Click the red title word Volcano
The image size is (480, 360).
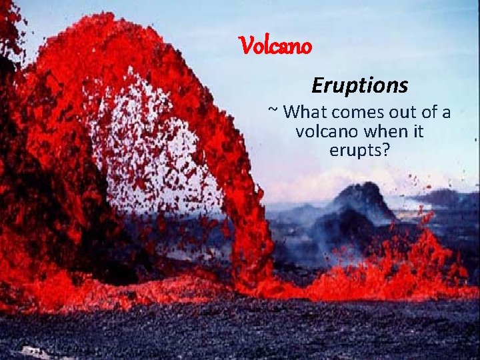point(275,47)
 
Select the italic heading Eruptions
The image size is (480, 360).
point(359,86)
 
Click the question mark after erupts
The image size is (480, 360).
point(385,151)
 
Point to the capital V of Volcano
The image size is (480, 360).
point(245,47)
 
